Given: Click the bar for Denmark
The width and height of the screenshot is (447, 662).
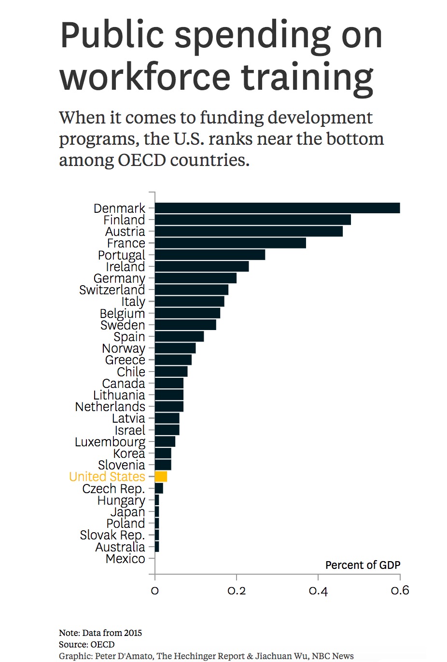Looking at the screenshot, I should tap(277, 208).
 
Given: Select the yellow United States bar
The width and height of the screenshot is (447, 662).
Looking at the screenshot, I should tap(161, 477).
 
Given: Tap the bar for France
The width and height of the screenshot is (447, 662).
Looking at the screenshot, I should tap(230, 243).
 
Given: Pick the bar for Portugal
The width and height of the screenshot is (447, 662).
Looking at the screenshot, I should tap(210, 255).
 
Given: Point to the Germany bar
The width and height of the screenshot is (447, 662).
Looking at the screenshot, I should tap(196, 278).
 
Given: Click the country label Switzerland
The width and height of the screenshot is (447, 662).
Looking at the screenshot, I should tap(112, 290).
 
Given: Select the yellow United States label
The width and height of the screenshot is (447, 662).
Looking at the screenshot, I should tap(107, 477).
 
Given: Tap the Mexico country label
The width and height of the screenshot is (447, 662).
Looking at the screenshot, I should tap(125, 559).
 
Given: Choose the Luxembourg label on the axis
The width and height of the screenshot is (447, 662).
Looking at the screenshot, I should tap(110, 442).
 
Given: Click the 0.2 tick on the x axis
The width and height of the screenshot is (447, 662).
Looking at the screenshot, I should tap(237, 591).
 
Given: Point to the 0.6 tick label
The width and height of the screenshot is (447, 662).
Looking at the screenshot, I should tap(400, 591).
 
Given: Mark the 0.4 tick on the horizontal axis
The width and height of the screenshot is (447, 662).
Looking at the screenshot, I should tap(318, 591).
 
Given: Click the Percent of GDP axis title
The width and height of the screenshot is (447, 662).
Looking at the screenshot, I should tap(363, 565).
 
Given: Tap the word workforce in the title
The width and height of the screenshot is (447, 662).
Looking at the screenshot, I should tap(145, 77).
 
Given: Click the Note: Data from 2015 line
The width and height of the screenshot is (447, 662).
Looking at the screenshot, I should tap(100, 633).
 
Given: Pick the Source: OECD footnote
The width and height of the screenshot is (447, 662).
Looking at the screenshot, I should tap(87, 644).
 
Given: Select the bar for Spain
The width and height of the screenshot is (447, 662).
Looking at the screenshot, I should tap(179, 336).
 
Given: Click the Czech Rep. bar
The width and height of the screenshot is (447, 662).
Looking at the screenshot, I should tap(159, 488).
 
